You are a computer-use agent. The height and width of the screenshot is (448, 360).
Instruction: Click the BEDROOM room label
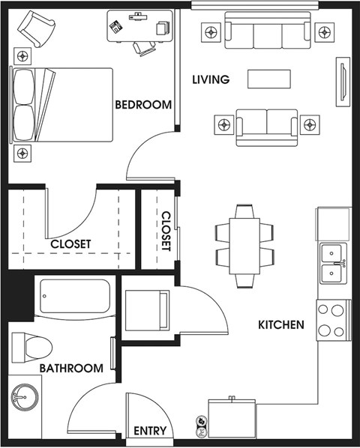[143, 105]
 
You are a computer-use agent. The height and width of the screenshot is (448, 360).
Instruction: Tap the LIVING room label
[211, 79]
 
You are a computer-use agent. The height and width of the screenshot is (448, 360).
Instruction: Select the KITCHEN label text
[281, 325]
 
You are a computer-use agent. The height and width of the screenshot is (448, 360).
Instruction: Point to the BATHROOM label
[71, 369]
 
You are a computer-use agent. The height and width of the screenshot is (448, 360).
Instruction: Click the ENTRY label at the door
[150, 431]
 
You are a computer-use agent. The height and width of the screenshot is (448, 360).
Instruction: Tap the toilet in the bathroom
[31, 348]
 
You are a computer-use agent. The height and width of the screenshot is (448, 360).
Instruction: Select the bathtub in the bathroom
[75, 296]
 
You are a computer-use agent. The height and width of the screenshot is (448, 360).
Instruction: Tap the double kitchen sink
[333, 264]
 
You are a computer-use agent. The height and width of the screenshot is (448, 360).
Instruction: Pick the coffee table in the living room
[269, 79]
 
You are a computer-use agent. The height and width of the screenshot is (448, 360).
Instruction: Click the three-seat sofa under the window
[268, 30]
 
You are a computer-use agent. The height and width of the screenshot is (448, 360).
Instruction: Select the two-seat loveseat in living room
[267, 127]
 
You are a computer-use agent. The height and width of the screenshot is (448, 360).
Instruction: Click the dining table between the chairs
[244, 246]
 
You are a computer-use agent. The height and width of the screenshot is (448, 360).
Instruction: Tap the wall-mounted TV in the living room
[343, 82]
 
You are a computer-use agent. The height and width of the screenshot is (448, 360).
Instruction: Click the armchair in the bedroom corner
[36, 29]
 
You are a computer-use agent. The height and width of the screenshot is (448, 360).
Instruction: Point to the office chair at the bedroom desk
[145, 48]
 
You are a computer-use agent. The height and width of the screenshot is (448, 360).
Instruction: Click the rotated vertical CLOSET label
[166, 231]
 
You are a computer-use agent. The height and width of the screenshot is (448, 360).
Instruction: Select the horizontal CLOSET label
[70, 244]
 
